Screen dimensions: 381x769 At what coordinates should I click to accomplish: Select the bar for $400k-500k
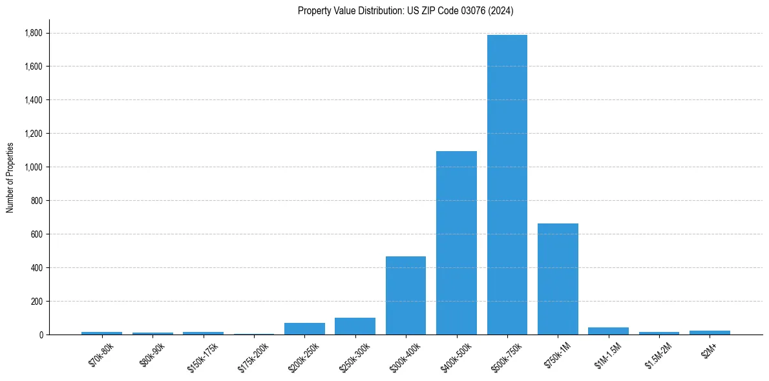[456, 244]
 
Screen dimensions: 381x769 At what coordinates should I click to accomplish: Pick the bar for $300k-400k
[405, 296]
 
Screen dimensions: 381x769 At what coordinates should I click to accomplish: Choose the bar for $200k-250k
[304, 329]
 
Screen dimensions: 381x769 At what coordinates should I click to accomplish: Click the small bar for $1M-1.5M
[608, 331]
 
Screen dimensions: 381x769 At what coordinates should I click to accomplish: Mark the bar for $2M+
[710, 333]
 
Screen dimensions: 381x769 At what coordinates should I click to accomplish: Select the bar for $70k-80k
[101, 333]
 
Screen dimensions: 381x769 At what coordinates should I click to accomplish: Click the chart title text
[405, 11]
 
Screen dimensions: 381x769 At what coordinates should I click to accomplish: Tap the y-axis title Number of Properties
[10, 177]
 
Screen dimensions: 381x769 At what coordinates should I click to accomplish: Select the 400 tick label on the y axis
[37, 268]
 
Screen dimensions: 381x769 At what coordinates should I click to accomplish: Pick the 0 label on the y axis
[41, 335]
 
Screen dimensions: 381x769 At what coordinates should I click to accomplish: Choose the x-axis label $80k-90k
[152, 351]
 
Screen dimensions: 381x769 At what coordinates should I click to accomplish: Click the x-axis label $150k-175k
[203, 353]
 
